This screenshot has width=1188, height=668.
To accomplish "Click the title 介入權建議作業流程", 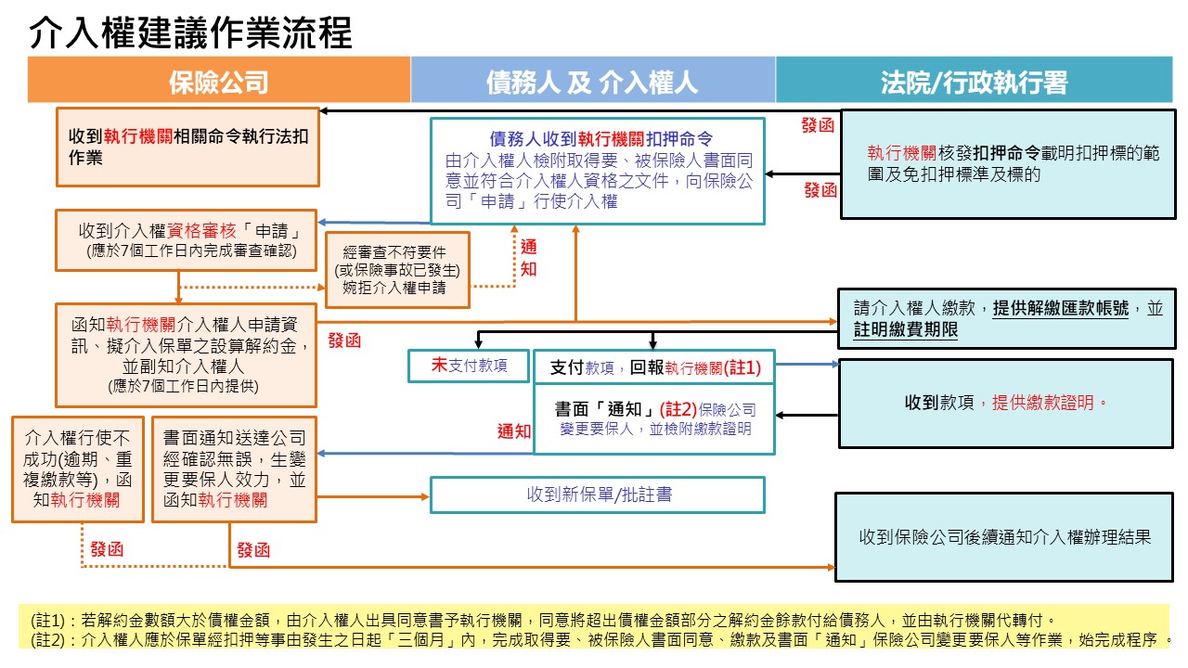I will coord(190,34).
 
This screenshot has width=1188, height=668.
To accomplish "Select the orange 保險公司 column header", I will coord(219,82).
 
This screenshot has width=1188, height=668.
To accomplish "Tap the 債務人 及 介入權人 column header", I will coord(592,82).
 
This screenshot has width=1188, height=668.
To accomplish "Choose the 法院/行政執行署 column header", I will coord(974,82).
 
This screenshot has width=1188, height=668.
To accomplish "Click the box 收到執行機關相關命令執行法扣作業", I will coord(187,147).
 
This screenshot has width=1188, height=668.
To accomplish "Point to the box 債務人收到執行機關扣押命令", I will coord(597,170).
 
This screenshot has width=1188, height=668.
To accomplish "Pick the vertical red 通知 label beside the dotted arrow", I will coord(528,258).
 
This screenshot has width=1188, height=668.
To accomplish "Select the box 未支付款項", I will coord(469,366).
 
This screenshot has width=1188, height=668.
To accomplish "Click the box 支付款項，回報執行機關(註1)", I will coord(654,367).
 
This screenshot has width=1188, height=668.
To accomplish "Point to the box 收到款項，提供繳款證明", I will coord(1006,404).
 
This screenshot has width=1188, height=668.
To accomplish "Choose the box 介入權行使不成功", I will coord(77,469).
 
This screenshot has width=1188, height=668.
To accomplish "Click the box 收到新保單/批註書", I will coord(597,495).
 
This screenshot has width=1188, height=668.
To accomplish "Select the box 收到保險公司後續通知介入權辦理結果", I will coord(1004,536).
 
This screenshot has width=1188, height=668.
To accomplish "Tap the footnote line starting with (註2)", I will coord(594,639).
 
